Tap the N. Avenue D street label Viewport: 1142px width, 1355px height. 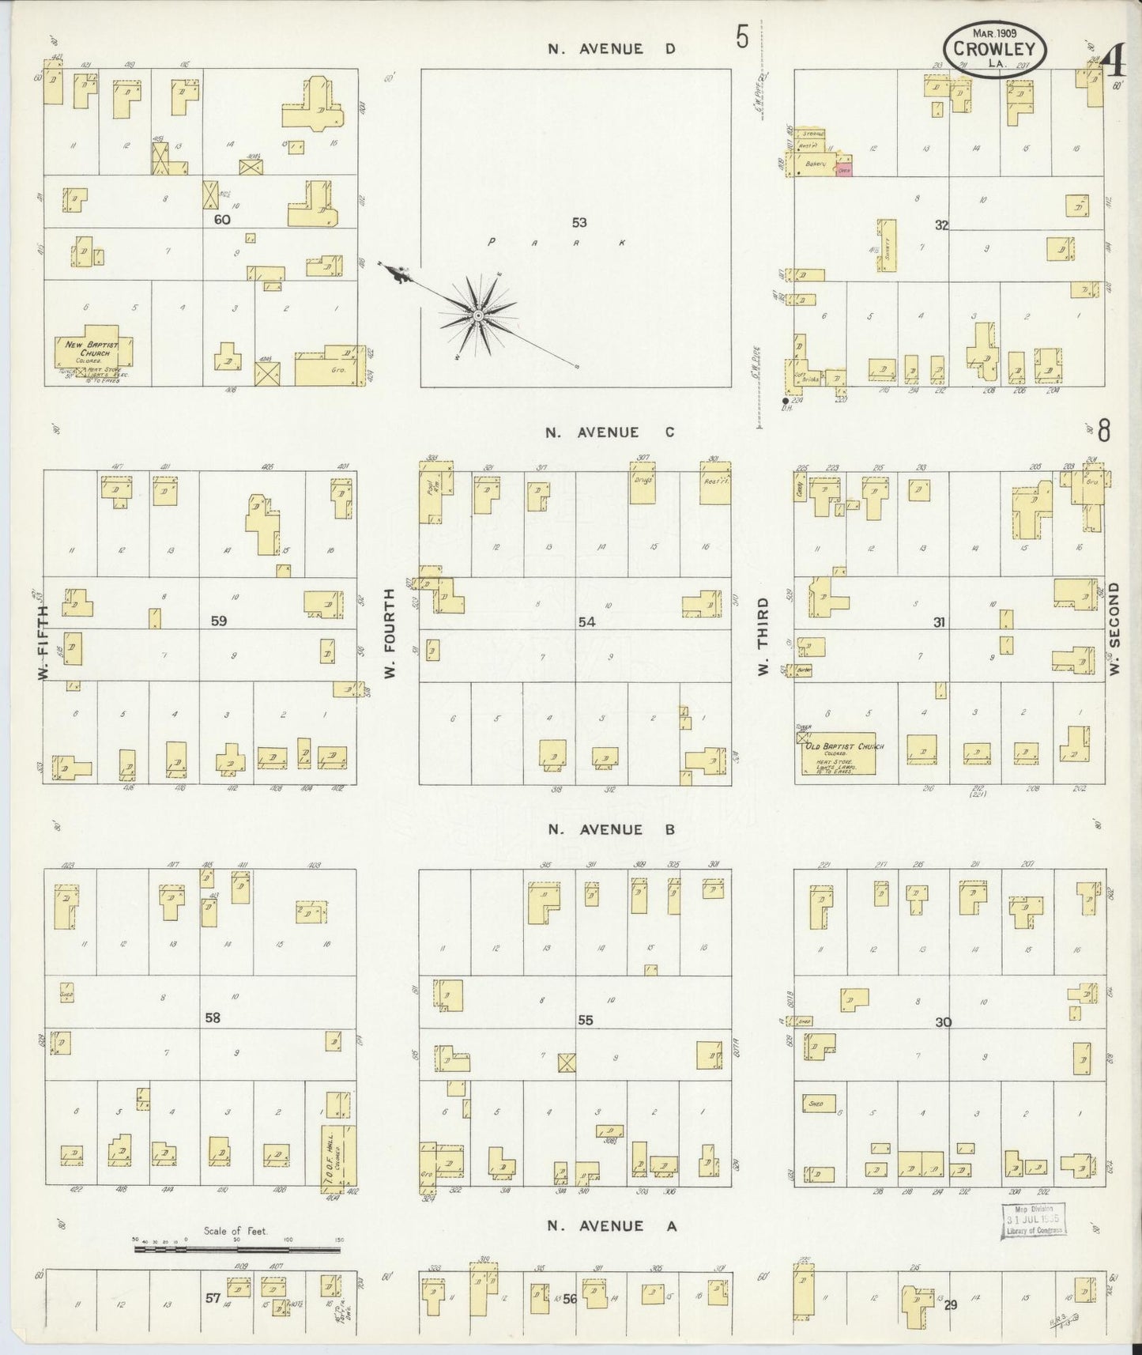click(x=612, y=49)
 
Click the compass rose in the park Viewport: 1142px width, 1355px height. click(x=477, y=316)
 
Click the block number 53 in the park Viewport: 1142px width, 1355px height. click(x=581, y=223)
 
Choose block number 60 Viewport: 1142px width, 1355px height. click(x=221, y=219)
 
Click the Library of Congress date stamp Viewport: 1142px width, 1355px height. click(x=1033, y=1241)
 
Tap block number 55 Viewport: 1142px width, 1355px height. click(x=585, y=1020)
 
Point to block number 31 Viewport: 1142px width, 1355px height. click(x=938, y=622)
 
